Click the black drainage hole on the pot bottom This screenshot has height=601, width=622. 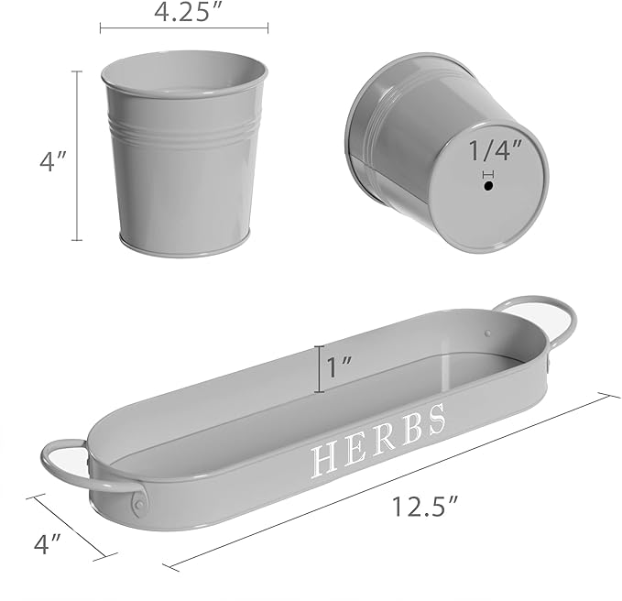tap(487, 185)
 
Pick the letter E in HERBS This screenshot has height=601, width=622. tap(355, 448)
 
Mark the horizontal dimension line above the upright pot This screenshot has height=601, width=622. tap(183, 28)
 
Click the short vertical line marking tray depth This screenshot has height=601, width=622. tap(318, 368)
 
